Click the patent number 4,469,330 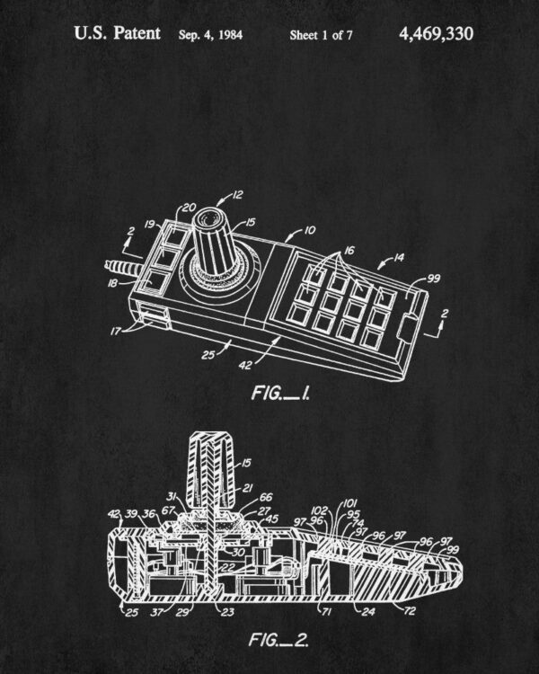tap(437, 34)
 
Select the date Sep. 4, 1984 tap(210, 35)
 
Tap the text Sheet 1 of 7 tap(321, 35)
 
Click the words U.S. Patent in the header tap(117, 33)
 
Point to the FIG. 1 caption tap(280, 393)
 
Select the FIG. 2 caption tap(278, 640)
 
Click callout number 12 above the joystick tap(238, 195)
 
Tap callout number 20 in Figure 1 tap(190, 208)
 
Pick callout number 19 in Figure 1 tap(150, 225)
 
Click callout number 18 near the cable tap(112, 283)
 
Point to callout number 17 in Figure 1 tap(116, 332)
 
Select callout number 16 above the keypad tap(349, 250)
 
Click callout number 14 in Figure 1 tap(399, 258)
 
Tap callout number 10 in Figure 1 tap(309, 230)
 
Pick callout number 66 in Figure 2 tap(266, 497)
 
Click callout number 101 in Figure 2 tap(350, 503)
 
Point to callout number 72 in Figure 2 tap(410, 610)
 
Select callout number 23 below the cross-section tap(227, 612)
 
